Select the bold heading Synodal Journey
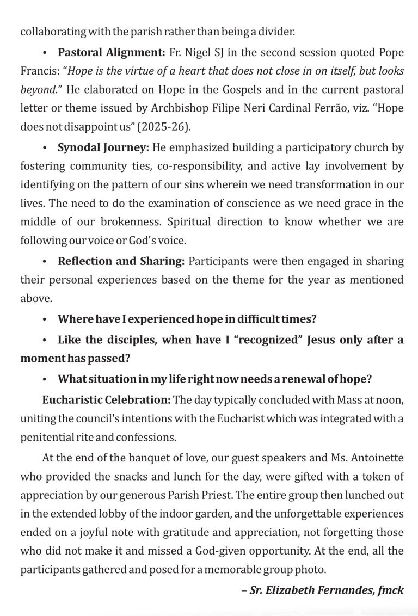pos(102,148)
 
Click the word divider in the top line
pos(278,32)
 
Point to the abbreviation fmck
pos(392,590)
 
